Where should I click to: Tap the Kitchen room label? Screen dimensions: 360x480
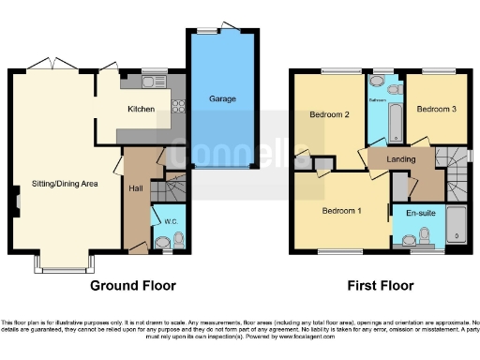(142, 109)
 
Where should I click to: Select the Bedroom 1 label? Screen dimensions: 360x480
(341, 211)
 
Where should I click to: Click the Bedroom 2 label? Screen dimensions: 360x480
(329, 114)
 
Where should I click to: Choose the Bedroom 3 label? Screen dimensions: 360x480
(437, 109)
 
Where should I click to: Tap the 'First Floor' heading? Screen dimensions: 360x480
(380, 285)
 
